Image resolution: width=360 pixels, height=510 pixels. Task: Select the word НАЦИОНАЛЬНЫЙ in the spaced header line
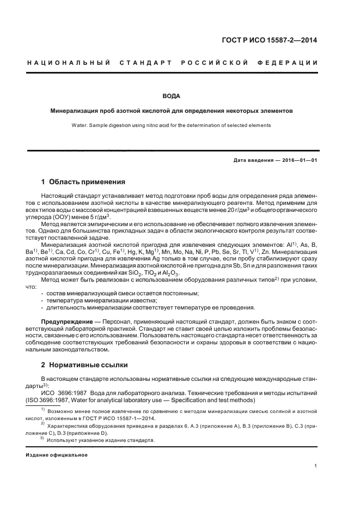[x=69, y=63]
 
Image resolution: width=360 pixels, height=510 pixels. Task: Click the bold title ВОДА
[x=172, y=96]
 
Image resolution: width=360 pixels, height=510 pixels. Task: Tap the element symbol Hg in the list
[x=139, y=252]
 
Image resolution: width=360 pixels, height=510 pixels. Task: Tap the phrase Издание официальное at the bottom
[x=57, y=454]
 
